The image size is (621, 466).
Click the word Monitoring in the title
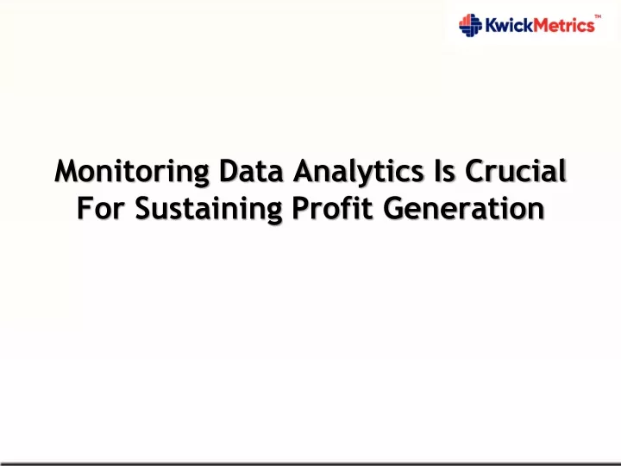click(x=131, y=173)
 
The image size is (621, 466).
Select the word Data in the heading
click(x=251, y=171)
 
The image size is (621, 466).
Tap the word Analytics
click(x=359, y=173)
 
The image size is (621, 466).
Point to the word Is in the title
click(x=444, y=171)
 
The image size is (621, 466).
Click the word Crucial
click(x=515, y=171)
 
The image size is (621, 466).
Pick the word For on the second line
click(x=101, y=208)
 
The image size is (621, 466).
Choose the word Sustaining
click(x=209, y=210)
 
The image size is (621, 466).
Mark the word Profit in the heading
click(x=333, y=208)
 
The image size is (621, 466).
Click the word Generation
click(x=464, y=208)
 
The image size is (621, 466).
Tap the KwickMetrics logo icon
click(x=470, y=25)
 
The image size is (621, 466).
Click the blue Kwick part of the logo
click(x=509, y=25)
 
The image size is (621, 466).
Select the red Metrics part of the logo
click(x=563, y=25)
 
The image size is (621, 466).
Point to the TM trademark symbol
click(x=598, y=16)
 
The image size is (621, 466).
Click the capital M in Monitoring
click(x=66, y=171)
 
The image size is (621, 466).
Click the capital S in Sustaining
click(x=143, y=208)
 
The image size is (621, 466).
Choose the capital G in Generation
click(x=393, y=208)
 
